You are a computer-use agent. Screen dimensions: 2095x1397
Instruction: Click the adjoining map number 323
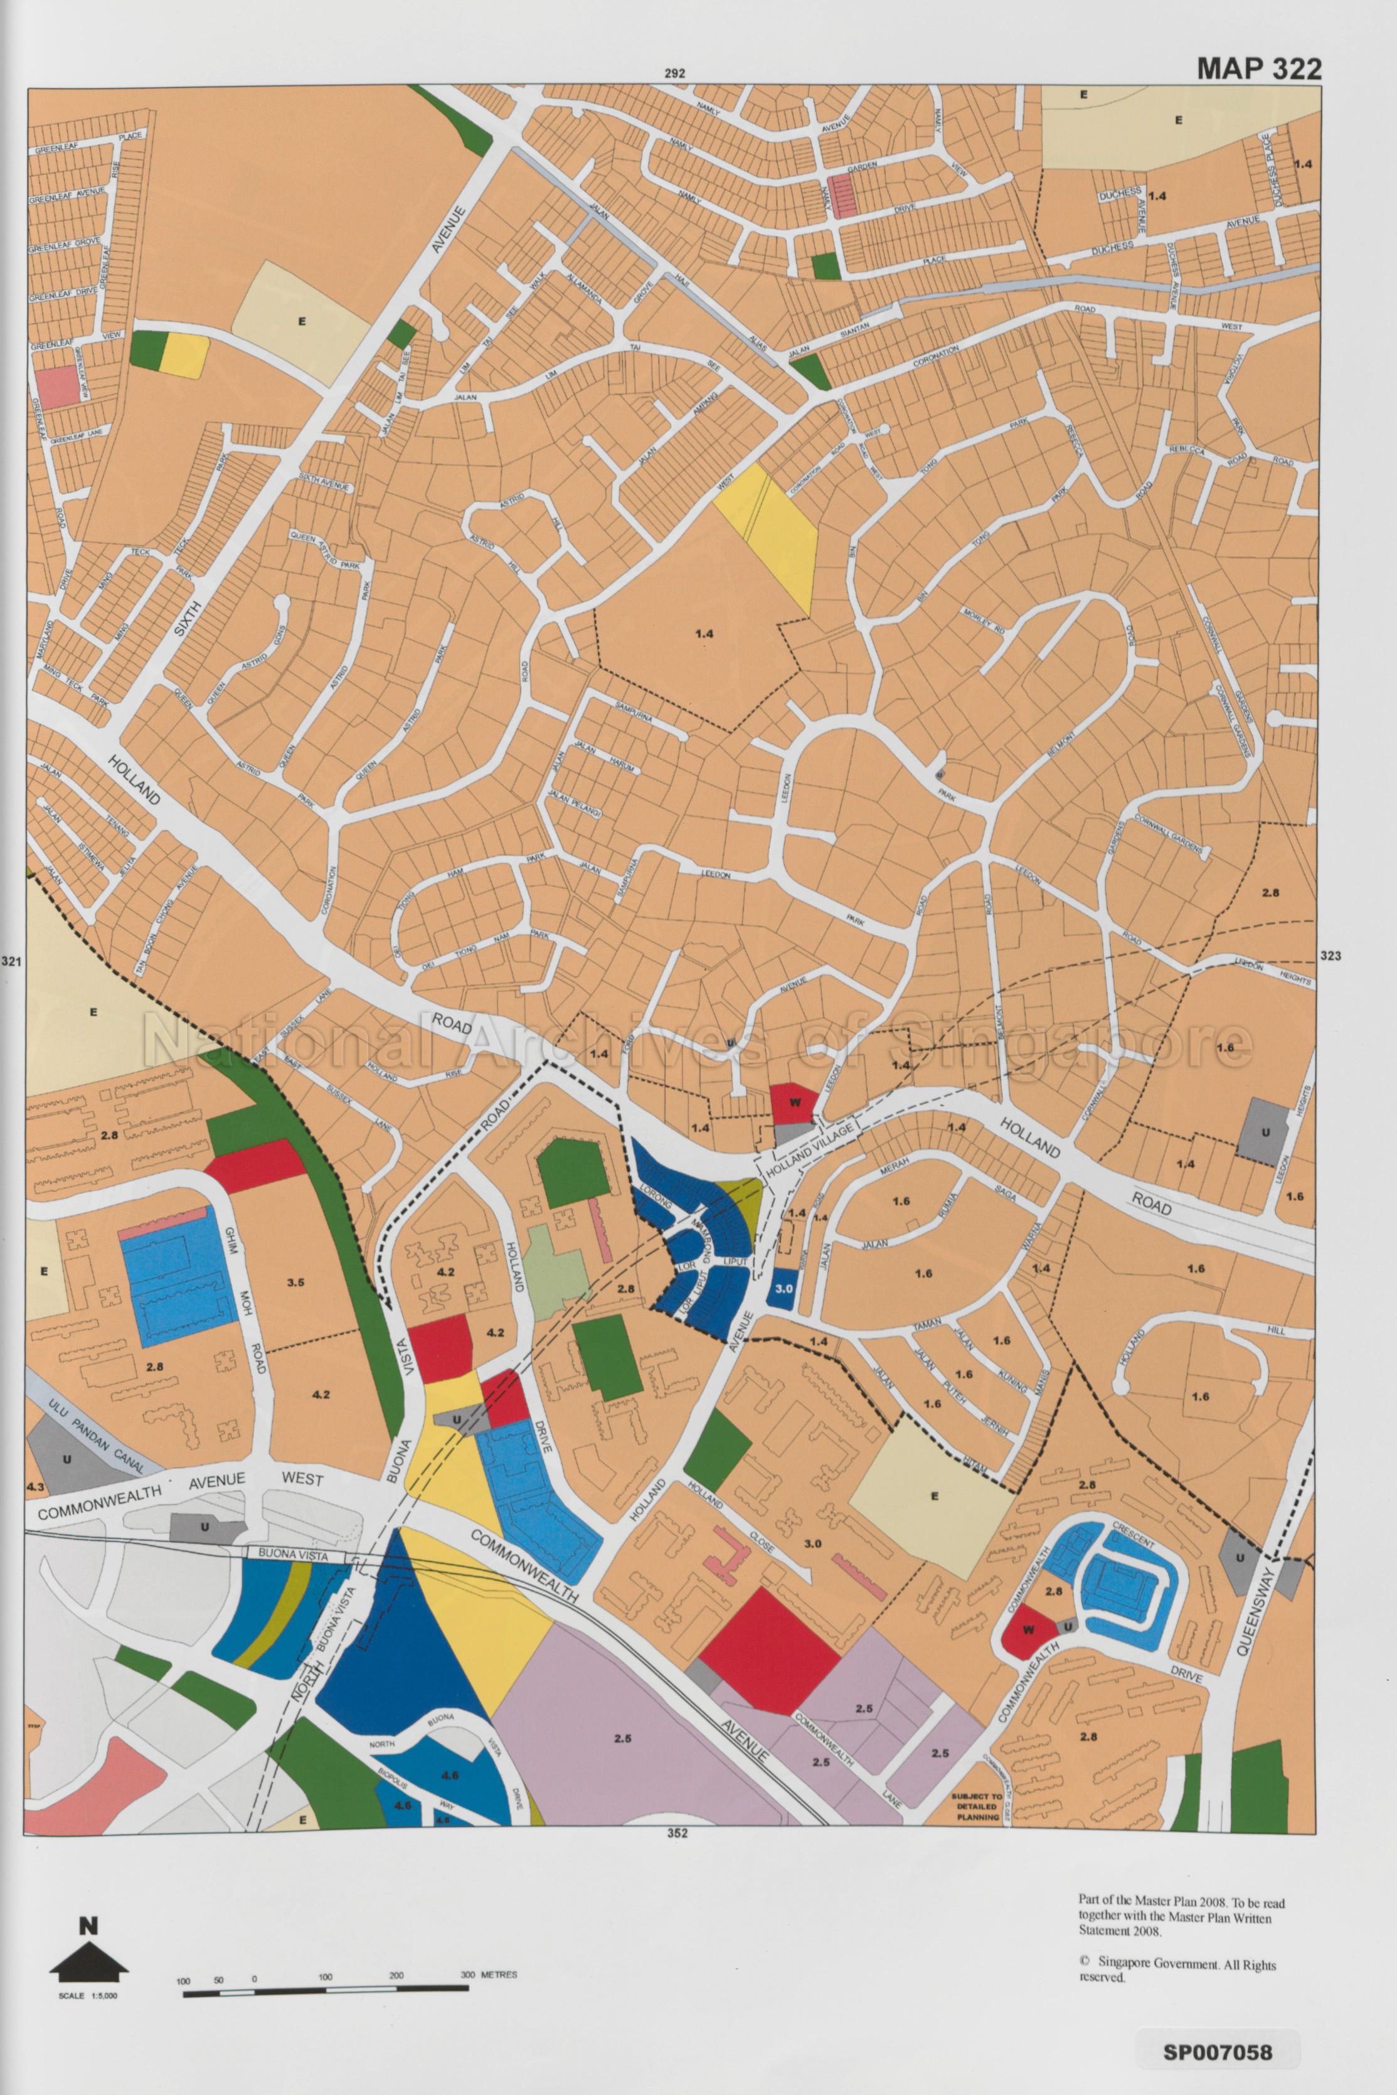(1329, 956)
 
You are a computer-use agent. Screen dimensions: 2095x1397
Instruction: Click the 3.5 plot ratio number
(296, 1283)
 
